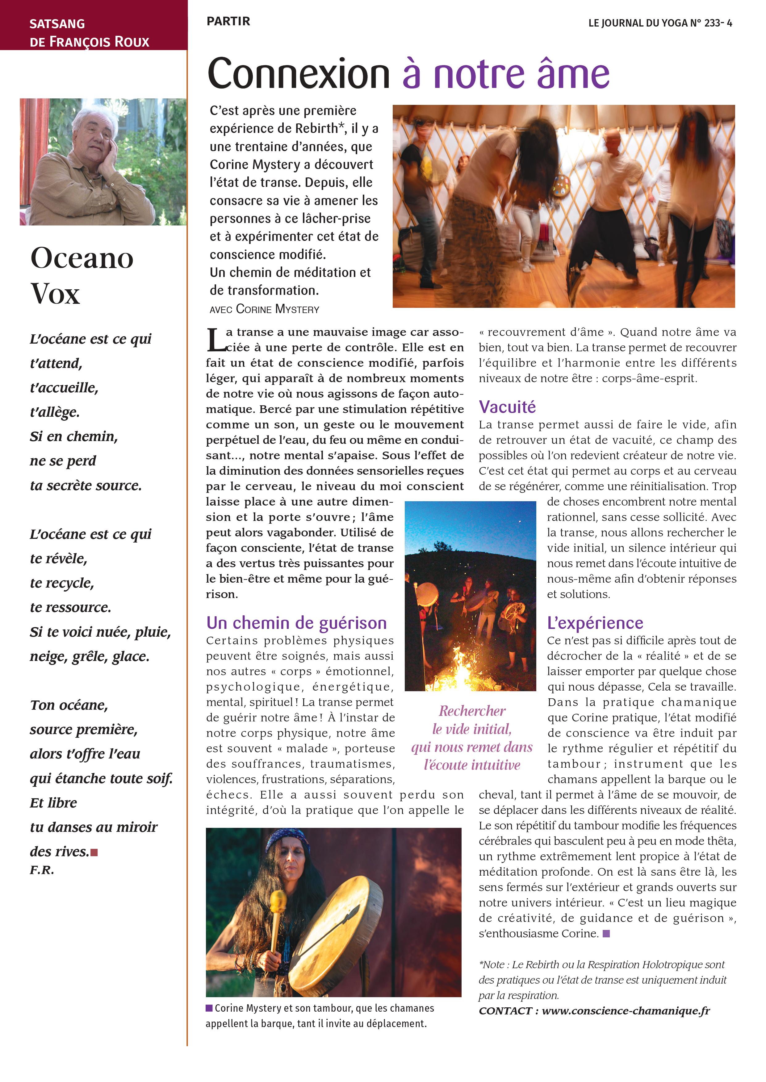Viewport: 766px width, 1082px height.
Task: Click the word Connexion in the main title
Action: click(x=298, y=74)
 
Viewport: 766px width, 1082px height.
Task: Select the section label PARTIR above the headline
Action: click(x=228, y=21)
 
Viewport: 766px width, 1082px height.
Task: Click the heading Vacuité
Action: click(x=507, y=407)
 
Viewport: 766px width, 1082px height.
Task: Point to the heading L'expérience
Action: click(x=595, y=623)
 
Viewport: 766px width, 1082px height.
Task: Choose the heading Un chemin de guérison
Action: click(x=296, y=623)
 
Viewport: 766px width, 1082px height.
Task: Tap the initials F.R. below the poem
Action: click(x=42, y=870)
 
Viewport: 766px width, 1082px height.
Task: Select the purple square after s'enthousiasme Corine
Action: click(x=606, y=933)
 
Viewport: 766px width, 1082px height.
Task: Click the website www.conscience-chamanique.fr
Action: click(x=626, y=1011)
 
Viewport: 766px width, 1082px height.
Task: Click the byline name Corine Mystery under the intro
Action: click(x=277, y=310)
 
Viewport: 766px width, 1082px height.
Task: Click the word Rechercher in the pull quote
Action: click(x=472, y=711)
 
